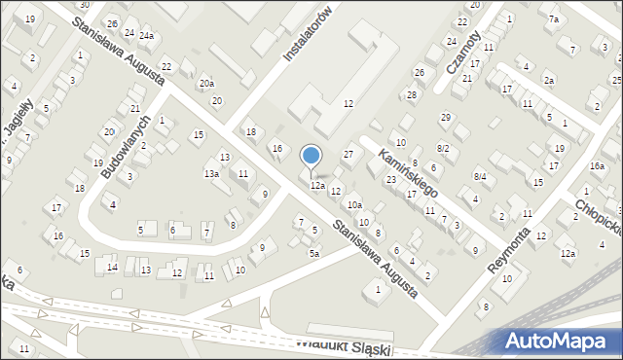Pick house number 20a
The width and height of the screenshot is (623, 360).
[206, 84]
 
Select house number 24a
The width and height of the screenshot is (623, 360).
[146, 36]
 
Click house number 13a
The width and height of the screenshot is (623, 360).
[210, 173]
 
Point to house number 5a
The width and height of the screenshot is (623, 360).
[313, 253]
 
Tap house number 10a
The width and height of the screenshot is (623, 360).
[355, 204]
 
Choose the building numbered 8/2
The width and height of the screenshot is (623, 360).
[443, 148]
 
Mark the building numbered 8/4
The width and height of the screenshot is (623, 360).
[479, 175]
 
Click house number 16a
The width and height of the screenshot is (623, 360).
[596, 166]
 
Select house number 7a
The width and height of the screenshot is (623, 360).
[553, 19]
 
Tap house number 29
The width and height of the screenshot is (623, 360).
[445, 117]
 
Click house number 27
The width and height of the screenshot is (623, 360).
[348, 155]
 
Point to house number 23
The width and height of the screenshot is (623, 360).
[390, 179]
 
